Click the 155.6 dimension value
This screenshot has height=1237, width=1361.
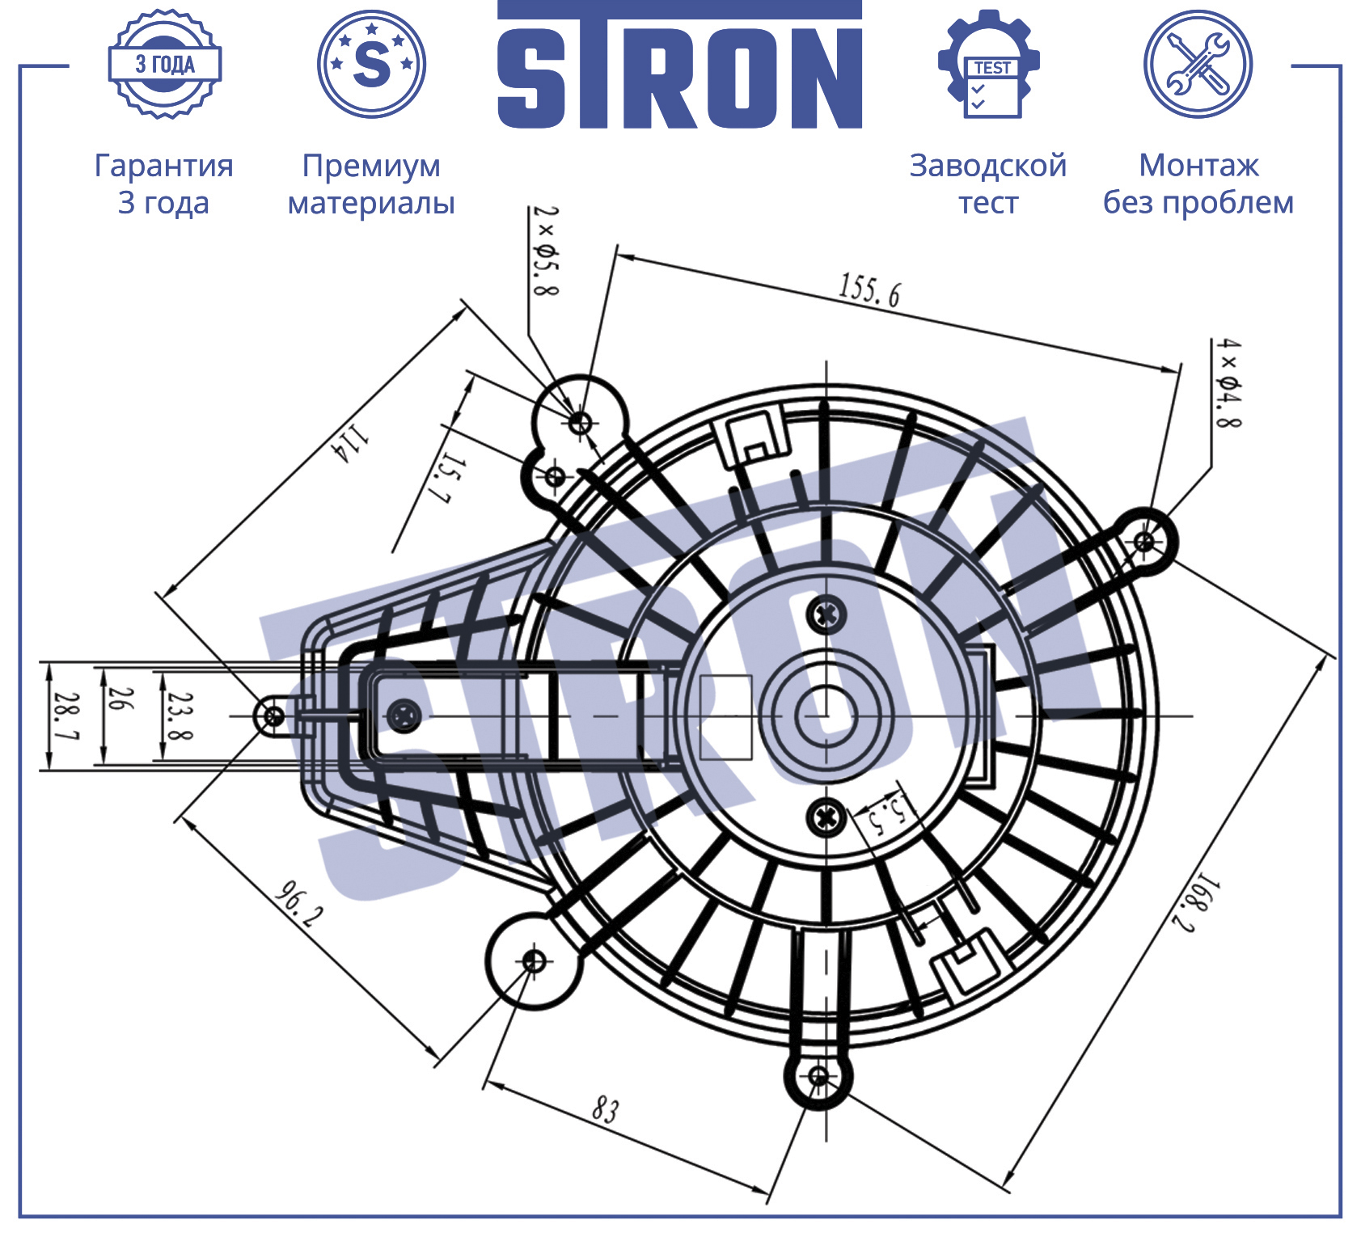869,291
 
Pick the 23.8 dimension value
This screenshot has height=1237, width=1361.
180,716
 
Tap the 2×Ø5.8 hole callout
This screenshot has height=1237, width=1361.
546,251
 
